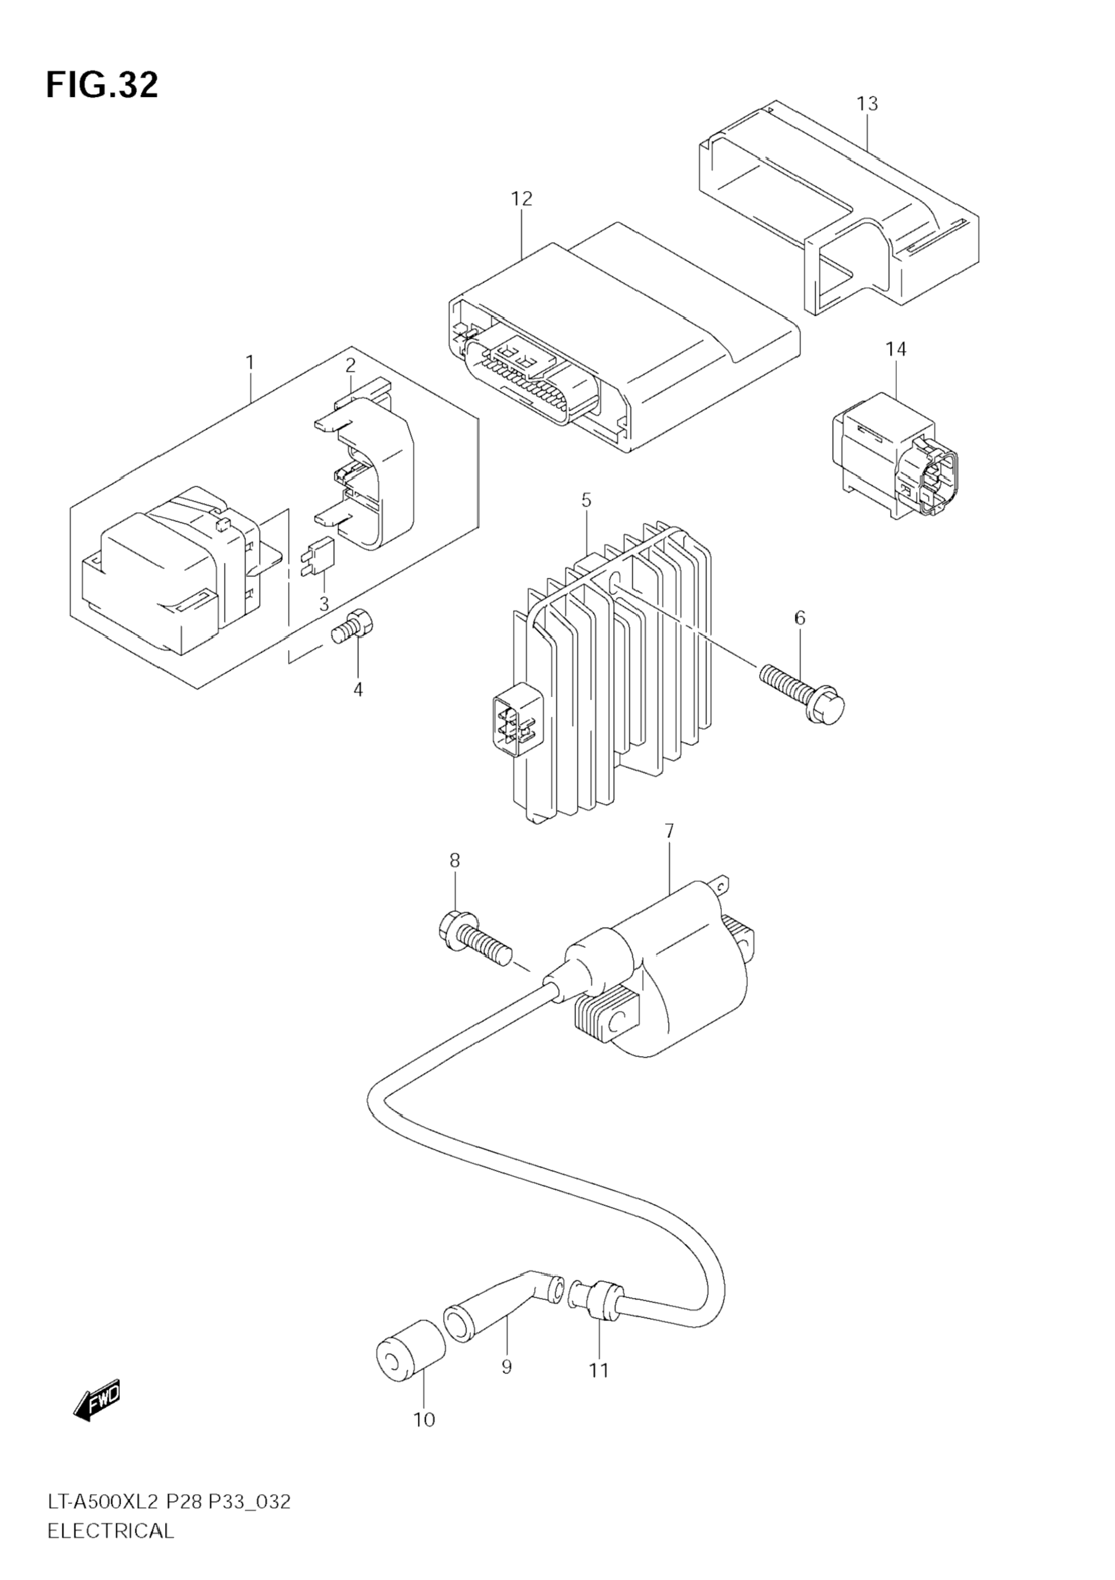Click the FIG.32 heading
point(102,85)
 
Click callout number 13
point(867,104)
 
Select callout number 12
point(522,199)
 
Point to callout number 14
point(896,350)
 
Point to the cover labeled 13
point(840,206)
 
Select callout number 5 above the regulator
point(586,501)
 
